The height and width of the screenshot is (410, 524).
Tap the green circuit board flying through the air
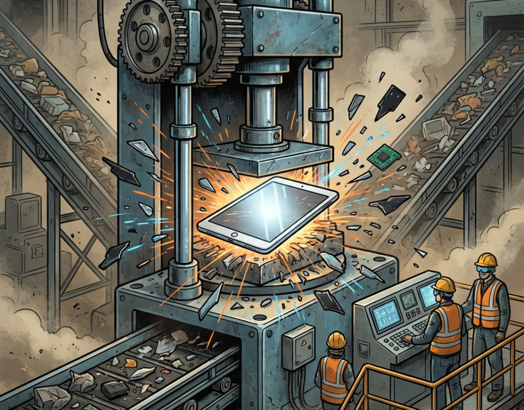380,157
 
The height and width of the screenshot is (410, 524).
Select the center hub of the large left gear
146,38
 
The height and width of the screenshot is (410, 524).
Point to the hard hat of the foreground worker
336,339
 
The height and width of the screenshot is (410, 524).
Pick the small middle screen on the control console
408,300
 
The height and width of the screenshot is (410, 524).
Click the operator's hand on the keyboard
408,339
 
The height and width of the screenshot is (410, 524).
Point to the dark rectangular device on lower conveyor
116,389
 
